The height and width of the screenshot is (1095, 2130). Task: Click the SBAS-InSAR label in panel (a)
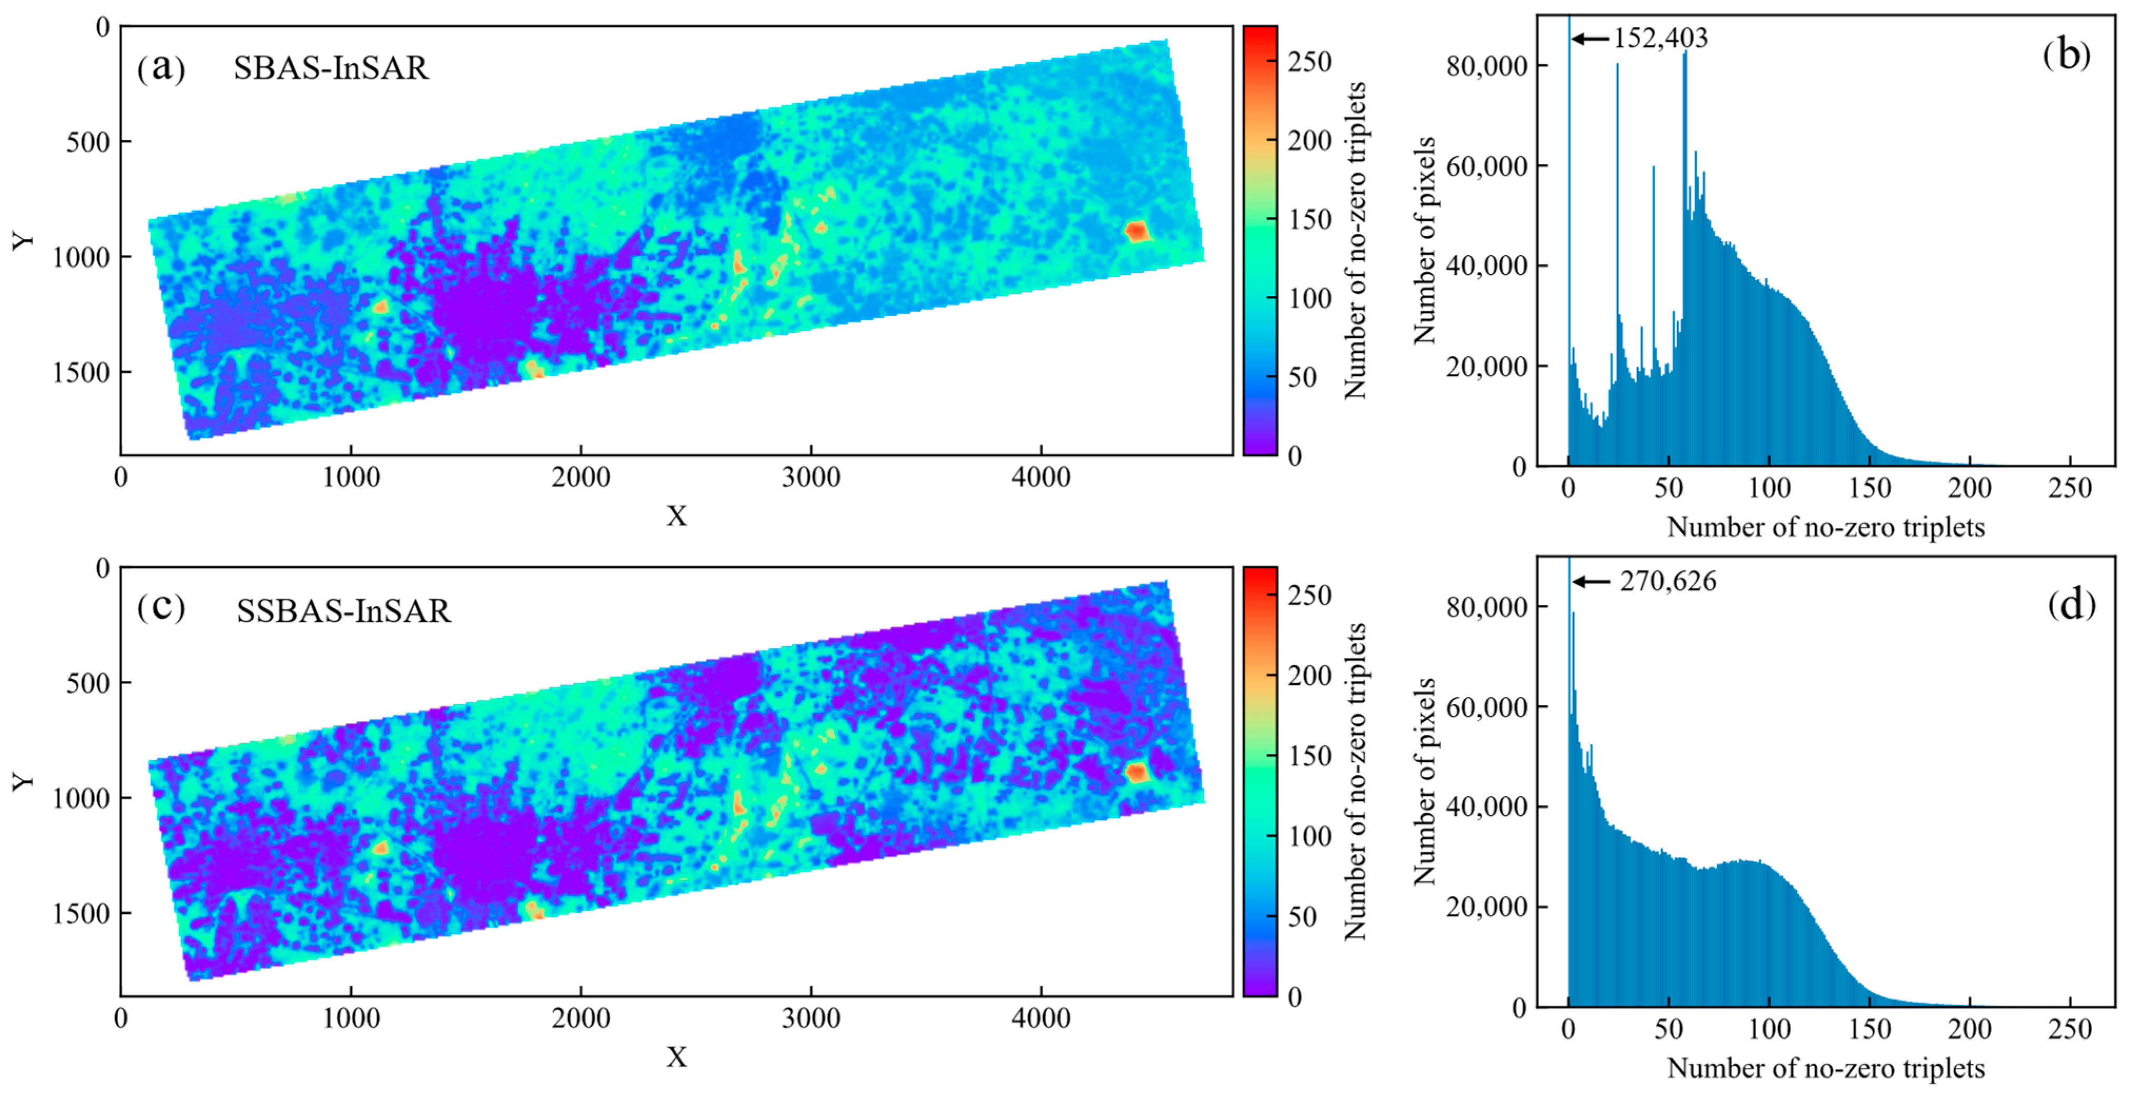331,68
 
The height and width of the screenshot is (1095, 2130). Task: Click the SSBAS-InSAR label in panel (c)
344,610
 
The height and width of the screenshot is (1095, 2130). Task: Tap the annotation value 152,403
1660,38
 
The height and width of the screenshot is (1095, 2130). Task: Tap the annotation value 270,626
1668,581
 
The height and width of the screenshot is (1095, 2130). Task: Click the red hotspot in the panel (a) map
1137,232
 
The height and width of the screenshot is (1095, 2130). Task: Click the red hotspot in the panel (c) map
1137,773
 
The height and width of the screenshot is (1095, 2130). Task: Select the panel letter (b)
2066,55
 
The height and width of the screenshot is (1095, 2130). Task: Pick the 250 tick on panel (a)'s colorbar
1309,62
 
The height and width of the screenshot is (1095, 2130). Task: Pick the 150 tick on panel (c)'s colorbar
1309,755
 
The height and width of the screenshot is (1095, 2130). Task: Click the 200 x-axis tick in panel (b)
1969,488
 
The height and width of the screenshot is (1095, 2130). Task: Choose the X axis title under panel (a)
676,516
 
